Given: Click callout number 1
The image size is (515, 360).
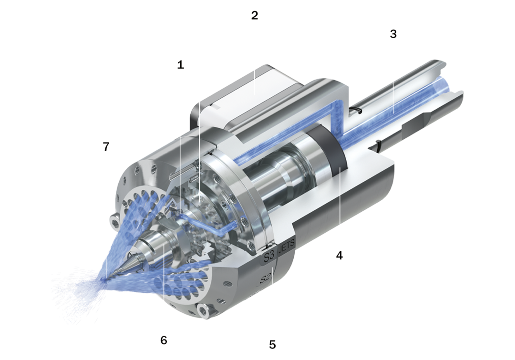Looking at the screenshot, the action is pos(180,65).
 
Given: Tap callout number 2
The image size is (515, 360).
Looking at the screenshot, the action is pos(255,15).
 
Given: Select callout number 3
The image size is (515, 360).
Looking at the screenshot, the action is pos(393,33).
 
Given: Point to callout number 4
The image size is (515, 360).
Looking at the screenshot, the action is pos(340,255).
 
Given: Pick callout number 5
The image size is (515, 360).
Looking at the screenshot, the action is pos(272,345).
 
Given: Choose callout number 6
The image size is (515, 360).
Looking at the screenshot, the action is pos(164,340).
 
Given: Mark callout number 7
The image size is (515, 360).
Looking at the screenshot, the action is pos(106,146).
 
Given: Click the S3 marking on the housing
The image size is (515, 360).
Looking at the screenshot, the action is pos(269,256).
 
